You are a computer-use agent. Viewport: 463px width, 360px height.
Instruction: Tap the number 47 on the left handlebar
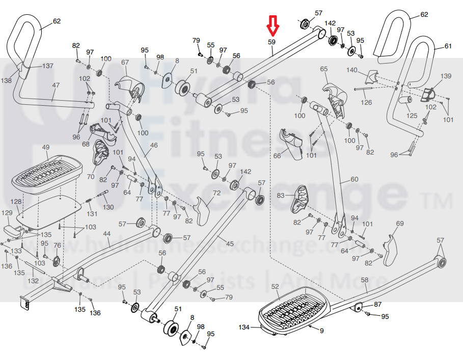pos(56,86)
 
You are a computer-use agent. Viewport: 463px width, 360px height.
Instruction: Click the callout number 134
pos(244,327)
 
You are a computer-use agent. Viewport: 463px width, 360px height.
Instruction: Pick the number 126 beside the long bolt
pos(366,102)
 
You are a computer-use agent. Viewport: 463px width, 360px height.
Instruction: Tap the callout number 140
pos(352,70)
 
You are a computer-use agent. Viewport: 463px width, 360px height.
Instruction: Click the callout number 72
pos(216,193)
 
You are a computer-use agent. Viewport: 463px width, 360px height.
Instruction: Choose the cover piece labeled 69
pos(390,249)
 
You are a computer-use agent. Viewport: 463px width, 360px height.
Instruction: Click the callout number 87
pos(377,304)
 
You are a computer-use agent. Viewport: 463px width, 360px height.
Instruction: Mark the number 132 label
pos(33,281)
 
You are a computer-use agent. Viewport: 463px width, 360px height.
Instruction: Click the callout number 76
pos(57,245)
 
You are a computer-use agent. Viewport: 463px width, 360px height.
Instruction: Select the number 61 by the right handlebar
pos(448,46)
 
